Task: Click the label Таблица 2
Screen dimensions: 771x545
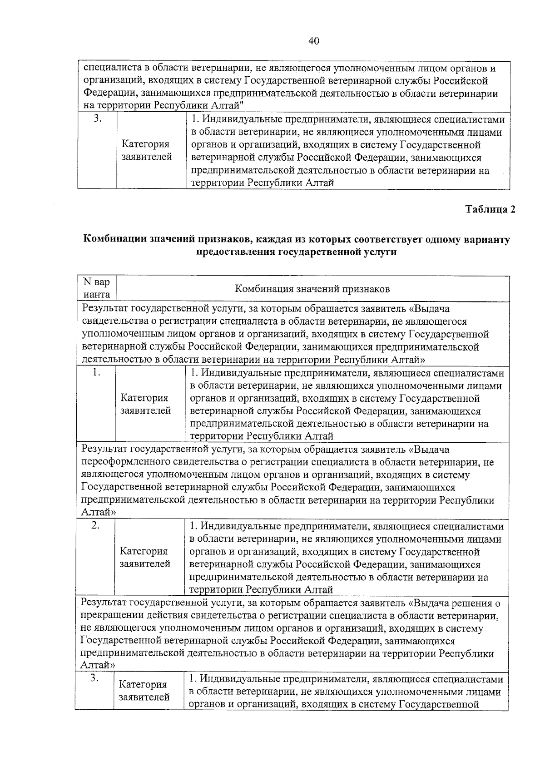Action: [x=490, y=210]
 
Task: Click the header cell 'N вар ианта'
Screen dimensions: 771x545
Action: [x=96, y=288]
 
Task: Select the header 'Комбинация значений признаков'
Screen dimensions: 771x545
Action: [x=312, y=289]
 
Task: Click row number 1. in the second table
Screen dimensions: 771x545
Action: [x=96, y=373]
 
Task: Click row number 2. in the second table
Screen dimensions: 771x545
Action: [x=95, y=526]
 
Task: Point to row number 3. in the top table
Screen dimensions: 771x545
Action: [x=97, y=119]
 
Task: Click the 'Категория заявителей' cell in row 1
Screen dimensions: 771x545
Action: [x=145, y=404]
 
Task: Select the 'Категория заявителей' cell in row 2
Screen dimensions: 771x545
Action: [x=144, y=558]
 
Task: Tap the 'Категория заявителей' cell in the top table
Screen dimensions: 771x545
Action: [x=146, y=151]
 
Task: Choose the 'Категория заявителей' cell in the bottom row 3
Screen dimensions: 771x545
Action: [x=144, y=691]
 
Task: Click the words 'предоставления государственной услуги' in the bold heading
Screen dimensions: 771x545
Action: [x=296, y=252]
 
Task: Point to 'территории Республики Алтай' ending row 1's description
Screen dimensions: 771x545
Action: [x=262, y=436]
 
